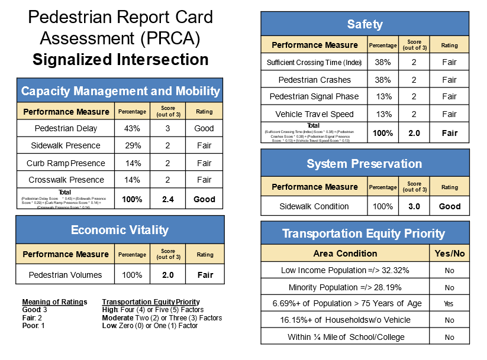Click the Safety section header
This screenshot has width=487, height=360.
pos(365,24)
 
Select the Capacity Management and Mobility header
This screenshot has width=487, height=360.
pos(120,91)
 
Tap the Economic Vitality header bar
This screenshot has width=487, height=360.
pos(120,230)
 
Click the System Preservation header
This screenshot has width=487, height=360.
pos(365,164)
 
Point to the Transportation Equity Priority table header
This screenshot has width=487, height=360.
pos(365,233)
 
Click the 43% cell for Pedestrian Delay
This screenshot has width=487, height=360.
pos(132,128)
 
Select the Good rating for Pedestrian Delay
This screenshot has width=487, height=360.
pos(204,128)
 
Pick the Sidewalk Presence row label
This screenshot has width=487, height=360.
pos(66,145)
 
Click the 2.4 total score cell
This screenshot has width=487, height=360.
pos(168,199)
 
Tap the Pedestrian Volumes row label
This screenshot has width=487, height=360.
pos(66,275)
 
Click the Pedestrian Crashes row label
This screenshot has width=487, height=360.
pos(314,80)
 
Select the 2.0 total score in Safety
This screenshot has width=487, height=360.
pos(414,133)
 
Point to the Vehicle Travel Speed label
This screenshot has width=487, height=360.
pos(314,114)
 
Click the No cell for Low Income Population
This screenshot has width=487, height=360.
pos(449,270)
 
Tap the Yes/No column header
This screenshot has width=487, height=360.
pos(449,253)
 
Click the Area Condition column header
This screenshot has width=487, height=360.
pos(345,253)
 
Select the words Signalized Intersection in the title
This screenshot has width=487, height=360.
pos(120,60)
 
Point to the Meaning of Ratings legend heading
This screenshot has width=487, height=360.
pos(54,302)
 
